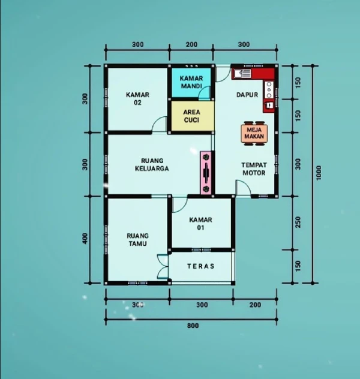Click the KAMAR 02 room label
coord(137,98)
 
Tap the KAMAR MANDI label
coord(190,82)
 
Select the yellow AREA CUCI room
coord(191,115)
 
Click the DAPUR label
coord(247,95)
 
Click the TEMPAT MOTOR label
coord(253,169)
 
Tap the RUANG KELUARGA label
coord(155,164)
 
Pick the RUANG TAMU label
coord(137,240)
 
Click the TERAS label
coord(200,266)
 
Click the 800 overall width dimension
coord(192,326)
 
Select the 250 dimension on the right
coord(298,222)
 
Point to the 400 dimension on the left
coord(85,238)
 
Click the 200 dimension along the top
coord(191,45)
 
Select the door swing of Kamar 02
coord(160,124)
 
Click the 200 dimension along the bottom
coord(255,305)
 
